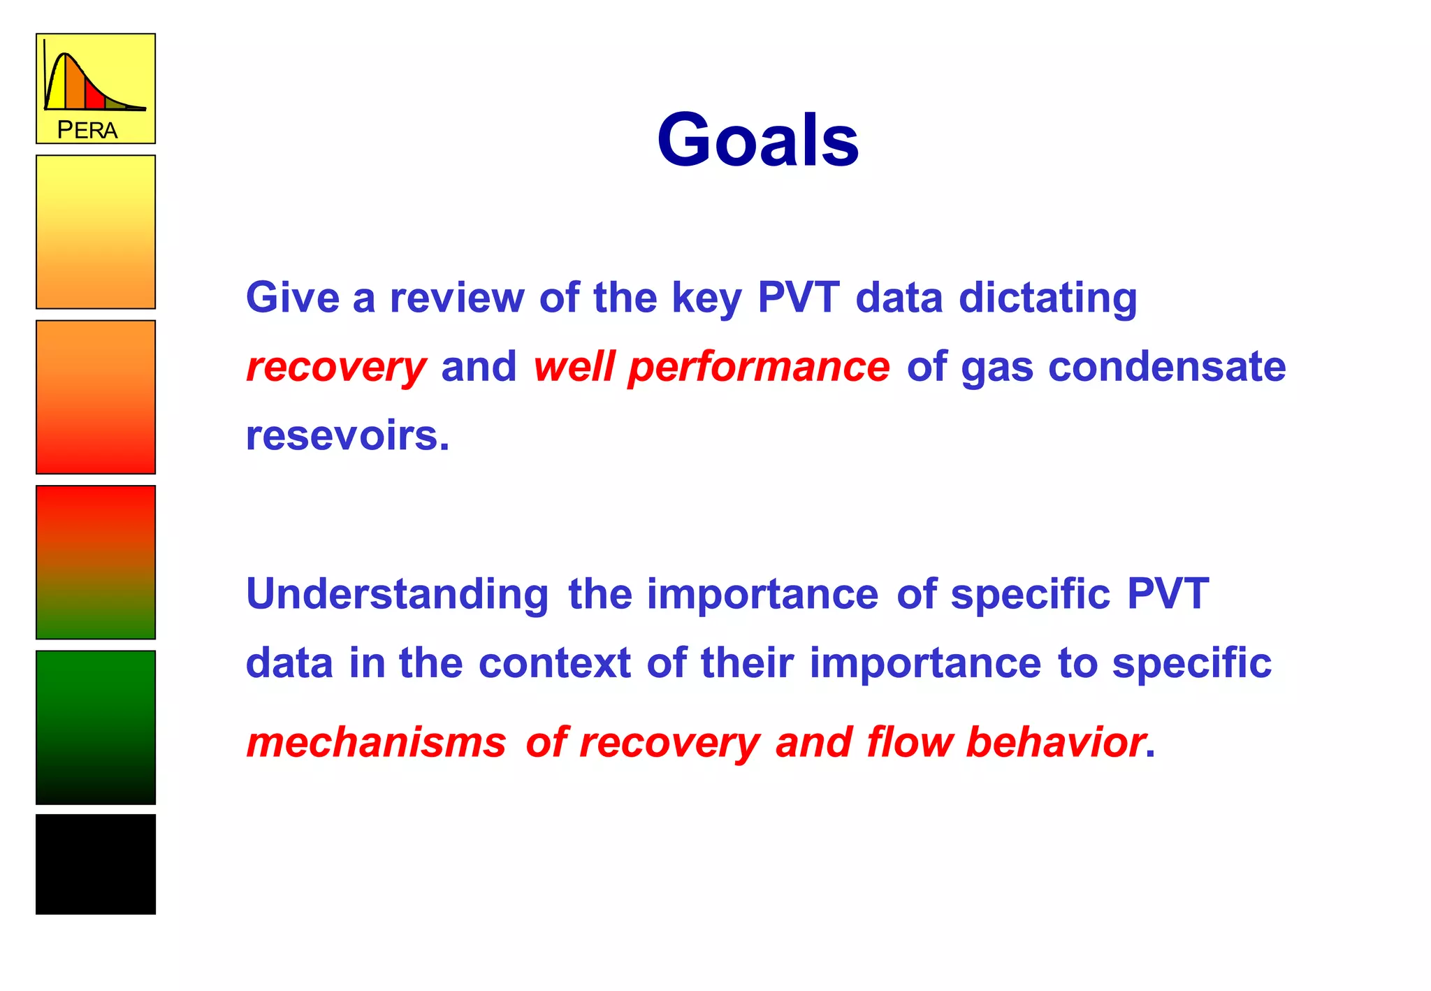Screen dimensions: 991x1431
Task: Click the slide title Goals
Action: (x=757, y=140)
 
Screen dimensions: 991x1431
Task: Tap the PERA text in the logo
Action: (x=87, y=130)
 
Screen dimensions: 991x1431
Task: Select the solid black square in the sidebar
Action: (x=96, y=864)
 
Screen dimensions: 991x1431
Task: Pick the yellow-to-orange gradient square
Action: (x=96, y=232)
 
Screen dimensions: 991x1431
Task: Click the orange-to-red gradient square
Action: (x=96, y=397)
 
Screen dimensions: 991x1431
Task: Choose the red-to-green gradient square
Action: (x=96, y=562)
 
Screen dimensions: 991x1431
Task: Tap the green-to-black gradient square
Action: (x=96, y=727)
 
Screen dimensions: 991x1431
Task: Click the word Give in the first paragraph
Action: (x=292, y=297)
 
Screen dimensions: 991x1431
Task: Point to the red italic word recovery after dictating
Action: (x=336, y=367)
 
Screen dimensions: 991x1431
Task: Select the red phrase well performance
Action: (x=711, y=367)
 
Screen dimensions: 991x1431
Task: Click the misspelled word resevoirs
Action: (x=347, y=435)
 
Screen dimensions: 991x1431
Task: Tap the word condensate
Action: (x=1166, y=367)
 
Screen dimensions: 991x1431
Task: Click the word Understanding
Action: (x=397, y=595)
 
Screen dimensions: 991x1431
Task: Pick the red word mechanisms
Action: (x=376, y=742)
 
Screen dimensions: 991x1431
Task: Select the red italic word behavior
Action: (x=1055, y=742)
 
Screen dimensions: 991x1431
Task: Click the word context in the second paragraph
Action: (x=555, y=663)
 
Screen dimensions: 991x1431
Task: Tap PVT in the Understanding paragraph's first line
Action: (x=1168, y=594)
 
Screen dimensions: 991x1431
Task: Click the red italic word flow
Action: (x=909, y=742)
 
